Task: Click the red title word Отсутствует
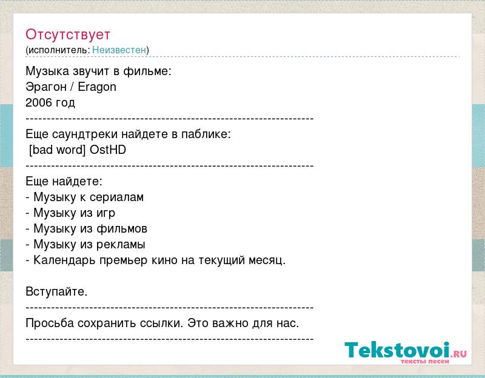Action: tap(68, 35)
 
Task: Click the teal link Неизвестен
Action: tap(119, 50)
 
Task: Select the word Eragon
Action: tap(97, 87)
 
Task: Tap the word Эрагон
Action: tap(46, 87)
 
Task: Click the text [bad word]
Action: tap(57, 150)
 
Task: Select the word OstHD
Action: tap(108, 150)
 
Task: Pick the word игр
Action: tap(105, 213)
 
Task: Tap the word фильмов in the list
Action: tap(122, 229)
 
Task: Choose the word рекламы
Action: tap(121, 245)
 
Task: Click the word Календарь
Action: tap(64, 260)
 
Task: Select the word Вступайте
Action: tap(56, 291)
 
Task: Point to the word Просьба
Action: tap(50, 323)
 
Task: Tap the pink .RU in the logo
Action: tap(460, 354)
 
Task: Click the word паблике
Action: tap(206, 134)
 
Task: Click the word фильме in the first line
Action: tap(147, 71)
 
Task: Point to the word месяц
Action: tap(267, 260)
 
